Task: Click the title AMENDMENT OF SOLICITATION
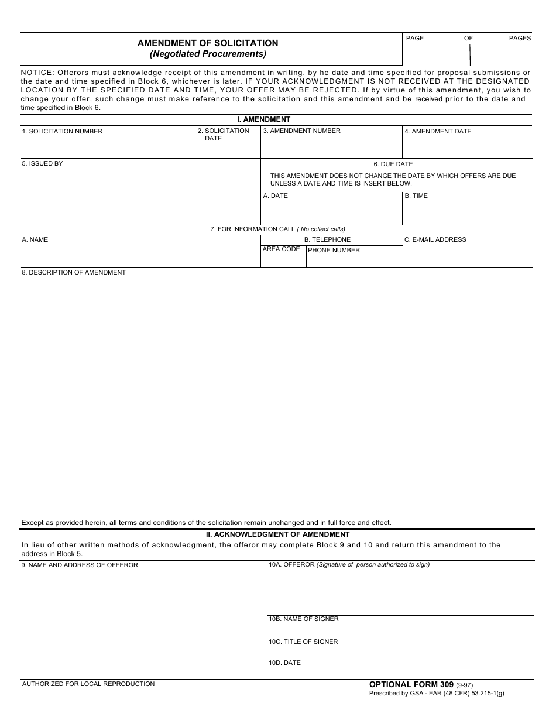208,43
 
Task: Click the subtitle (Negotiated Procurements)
208,54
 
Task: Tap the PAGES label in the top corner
520,38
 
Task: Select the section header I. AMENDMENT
263,119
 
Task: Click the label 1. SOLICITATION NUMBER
62,132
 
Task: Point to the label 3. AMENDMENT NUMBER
301,131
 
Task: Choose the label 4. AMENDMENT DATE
438,132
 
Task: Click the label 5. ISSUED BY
42,164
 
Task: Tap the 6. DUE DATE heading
393,164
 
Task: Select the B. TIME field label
416,196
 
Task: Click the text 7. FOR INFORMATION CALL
253,229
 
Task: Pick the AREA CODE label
281,249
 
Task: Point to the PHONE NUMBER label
334,251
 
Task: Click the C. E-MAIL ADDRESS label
435,240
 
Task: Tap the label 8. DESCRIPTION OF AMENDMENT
74,273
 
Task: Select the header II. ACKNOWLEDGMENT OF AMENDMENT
277,534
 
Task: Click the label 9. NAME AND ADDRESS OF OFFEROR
80,565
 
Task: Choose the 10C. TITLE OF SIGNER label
303,642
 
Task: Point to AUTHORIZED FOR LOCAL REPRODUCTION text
88,684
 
